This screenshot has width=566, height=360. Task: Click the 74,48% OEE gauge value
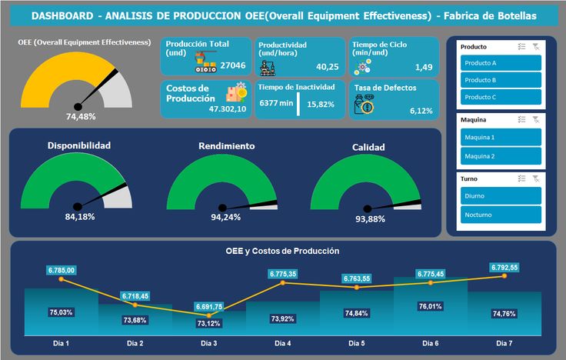click(81, 117)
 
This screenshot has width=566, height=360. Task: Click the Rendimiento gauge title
click(227, 145)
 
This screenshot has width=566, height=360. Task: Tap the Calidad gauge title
click(368, 147)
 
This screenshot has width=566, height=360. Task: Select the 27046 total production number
click(233, 66)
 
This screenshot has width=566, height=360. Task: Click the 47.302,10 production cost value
click(228, 108)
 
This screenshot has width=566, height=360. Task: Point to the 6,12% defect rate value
click(421, 111)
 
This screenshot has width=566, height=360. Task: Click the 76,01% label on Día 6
click(431, 305)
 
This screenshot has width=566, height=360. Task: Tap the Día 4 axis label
click(283, 342)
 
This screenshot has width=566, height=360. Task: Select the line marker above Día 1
click(62, 279)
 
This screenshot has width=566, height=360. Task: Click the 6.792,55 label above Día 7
click(504, 268)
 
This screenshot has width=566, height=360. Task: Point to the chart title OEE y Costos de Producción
click(282, 251)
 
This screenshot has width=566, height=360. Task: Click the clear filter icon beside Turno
click(536, 178)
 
